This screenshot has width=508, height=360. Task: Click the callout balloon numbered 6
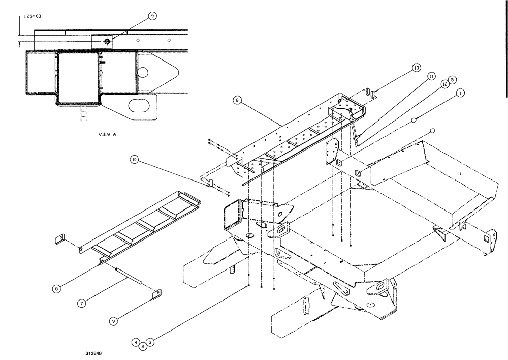(236, 101)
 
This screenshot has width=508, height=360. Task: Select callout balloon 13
(416, 68)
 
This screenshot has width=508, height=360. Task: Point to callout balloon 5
(452, 80)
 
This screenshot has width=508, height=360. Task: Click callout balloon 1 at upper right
(460, 93)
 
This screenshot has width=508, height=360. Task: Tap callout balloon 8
(58, 288)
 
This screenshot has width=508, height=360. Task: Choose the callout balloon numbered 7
(81, 304)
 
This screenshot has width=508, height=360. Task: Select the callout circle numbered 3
(150, 342)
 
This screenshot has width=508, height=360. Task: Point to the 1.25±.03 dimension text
(32, 16)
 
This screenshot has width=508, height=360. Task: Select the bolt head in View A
(107, 41)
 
